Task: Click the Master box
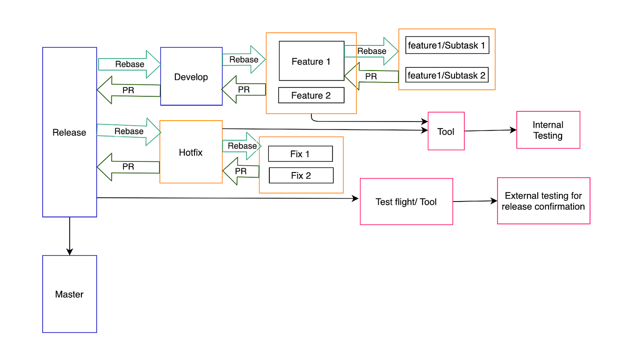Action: click(69, 294)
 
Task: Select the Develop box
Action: click(191, 77)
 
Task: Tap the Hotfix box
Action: click(191, 152)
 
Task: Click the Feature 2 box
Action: click(311, 95)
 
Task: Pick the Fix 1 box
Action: click(300, 154)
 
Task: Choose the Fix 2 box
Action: click(301, 176)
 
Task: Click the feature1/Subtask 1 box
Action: click(447, 45)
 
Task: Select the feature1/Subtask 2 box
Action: click(447, 75)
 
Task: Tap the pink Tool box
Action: click(446, 131)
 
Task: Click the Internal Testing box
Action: click(548, 130)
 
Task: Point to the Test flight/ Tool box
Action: click(406, 202)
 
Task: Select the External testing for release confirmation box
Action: click(543, 201)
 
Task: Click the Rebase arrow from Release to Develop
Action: click(130, 64)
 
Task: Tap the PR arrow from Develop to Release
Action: click(128, 90)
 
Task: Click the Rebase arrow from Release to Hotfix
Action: click(129, 131)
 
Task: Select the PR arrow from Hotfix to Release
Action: click(128, 166)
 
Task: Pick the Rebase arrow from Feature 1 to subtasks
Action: click(371, 51)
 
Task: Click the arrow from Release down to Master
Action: click(70, 236)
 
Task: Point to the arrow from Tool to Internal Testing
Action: click(490, 130)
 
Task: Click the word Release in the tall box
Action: click(69, 132)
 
